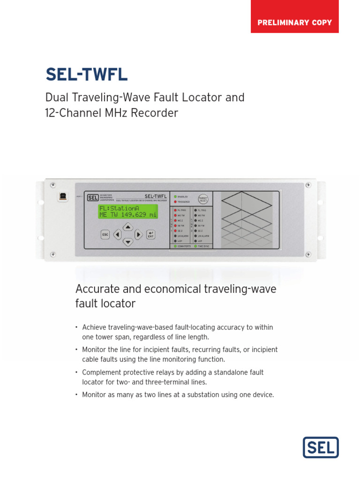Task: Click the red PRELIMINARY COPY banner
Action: (294, 22)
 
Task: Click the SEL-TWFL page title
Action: (86, 75)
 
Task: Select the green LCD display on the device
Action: (128, 211)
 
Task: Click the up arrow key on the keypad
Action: (128, 226)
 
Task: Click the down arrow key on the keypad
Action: (128, 242)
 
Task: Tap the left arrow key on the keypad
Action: (117, 234)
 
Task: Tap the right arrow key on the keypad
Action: (139, 234)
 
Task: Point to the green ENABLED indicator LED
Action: (175, 197)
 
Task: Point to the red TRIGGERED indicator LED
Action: (175, 202)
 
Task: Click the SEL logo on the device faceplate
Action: (93, 197)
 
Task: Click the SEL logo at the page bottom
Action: (321, 447)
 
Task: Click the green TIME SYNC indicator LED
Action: (195, 246)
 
